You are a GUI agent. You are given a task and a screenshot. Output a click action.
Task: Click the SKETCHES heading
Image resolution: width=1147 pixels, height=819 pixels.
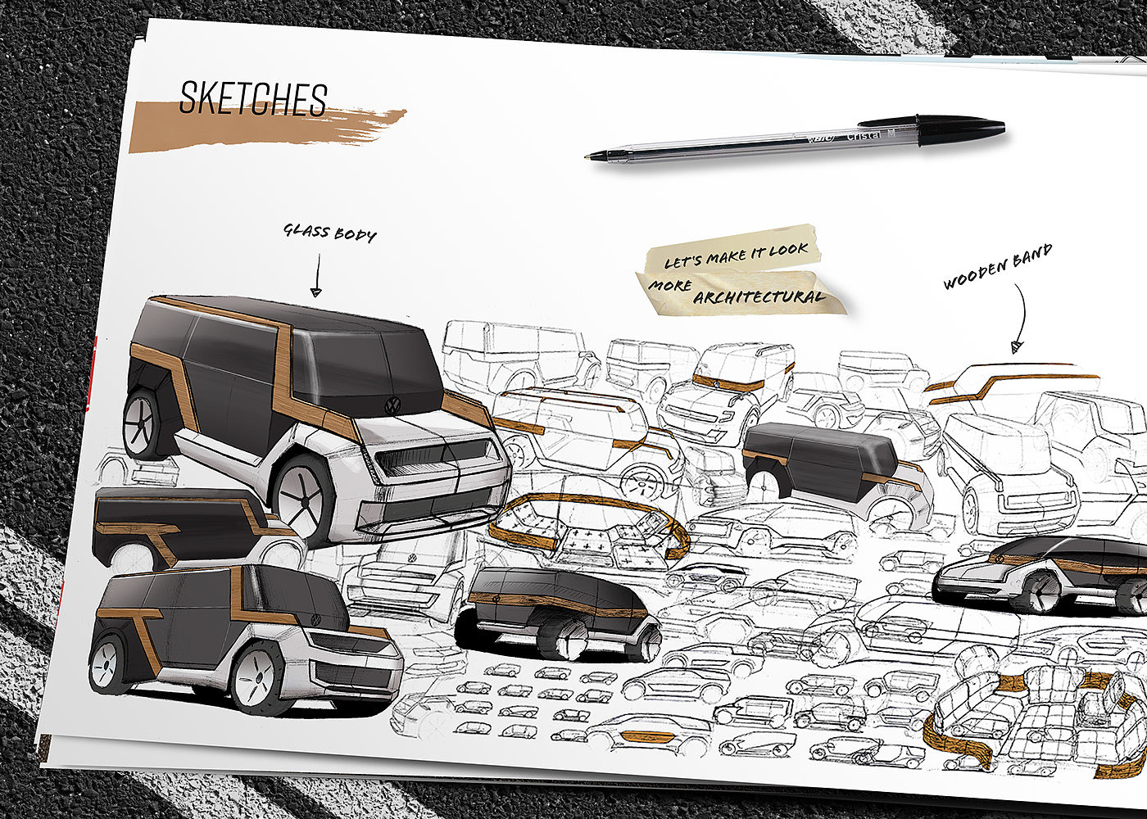coord(253,99)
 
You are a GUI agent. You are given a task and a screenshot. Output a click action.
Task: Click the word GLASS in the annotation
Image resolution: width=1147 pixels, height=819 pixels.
coord(306,231)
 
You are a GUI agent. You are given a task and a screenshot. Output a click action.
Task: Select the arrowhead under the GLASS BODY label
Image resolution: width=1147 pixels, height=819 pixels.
coord(315,290)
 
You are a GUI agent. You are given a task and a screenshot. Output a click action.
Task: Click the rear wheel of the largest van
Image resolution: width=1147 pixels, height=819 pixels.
coord(145,423)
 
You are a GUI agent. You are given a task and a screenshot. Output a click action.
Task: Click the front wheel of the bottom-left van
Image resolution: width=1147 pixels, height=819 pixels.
coord(256,678)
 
